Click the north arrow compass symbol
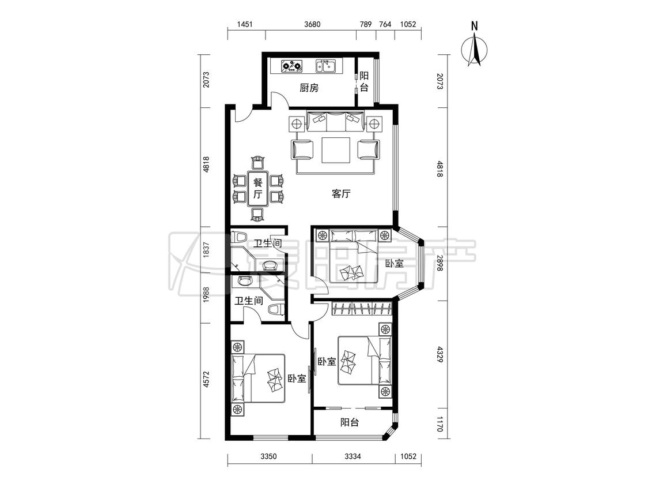click(475, 51)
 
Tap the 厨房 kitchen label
click(309, 88)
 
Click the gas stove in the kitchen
click(292, 66)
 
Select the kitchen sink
click(327, 66)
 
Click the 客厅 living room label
click(341, 193)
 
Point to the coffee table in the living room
click(336, 150)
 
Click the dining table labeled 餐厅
click(257, 189)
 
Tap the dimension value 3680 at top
click(312, 24)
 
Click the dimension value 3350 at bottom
click(268, 456)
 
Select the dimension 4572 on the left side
click(207, 379)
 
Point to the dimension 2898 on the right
click(439, 263)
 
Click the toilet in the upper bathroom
click(239, 237)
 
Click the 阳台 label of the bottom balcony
click(349, 422)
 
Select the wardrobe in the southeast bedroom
click(362, 309)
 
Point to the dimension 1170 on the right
click(439, 425)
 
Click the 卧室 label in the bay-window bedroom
click(394, 263)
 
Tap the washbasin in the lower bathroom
click(244, 282)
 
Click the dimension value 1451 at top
click(245, 24)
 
